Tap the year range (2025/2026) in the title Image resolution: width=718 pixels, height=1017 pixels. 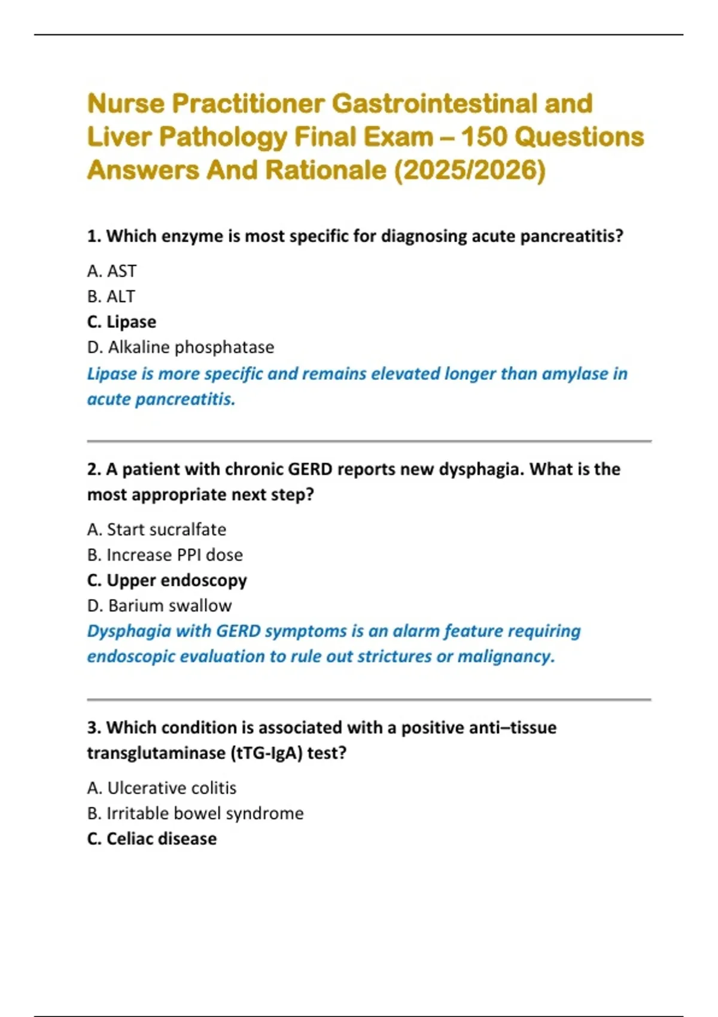tap(469, 170)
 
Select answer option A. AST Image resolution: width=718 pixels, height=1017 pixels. tap(112, 271)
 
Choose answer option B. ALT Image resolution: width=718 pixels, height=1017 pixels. tap(111, 296)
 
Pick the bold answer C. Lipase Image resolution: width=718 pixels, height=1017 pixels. tap(121, 322)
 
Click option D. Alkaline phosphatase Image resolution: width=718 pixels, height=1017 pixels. tap(181, 347)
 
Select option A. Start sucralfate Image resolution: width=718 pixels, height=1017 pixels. tap(157, 529)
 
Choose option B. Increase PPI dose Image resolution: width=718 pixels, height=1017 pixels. tap(165, 555)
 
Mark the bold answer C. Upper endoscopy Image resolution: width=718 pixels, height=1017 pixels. tap(167, 580)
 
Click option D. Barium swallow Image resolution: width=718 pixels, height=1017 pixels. tap(159, 605)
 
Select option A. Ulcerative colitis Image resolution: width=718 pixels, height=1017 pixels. tap(162, 788)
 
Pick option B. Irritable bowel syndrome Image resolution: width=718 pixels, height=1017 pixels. tap(195, 813)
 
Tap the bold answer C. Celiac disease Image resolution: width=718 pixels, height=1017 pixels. tap(152, 839)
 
